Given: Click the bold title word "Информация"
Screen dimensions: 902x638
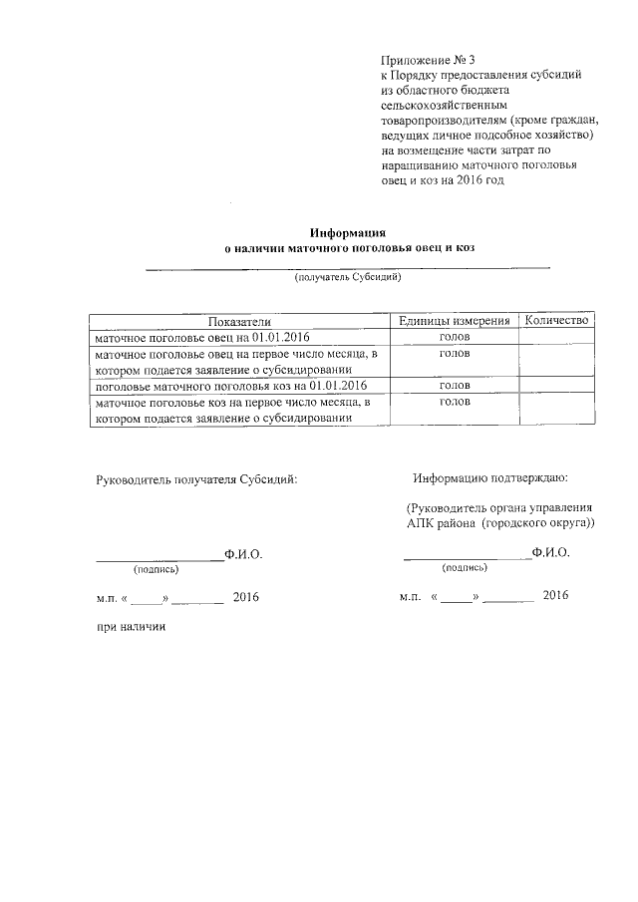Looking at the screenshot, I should [x=346, y=231].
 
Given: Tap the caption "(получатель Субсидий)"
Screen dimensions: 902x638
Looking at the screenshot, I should [x=347, y=278].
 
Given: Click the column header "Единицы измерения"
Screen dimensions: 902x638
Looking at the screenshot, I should [x=455, y=320].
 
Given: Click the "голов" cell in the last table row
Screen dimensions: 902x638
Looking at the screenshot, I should [x=455, y=402].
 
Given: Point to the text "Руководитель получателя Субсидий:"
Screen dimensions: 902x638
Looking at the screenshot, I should [x=196, y=478].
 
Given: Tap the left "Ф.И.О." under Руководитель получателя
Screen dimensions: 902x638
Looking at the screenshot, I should [x=244, y=552].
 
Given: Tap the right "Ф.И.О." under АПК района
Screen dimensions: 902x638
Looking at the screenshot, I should [x=550, y=551].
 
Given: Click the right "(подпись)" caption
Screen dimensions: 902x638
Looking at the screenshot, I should [x=465, y=567].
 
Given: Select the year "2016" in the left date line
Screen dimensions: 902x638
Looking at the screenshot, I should [x=245, y=597].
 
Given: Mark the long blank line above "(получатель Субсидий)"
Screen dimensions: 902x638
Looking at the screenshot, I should [x=347, y=267].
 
